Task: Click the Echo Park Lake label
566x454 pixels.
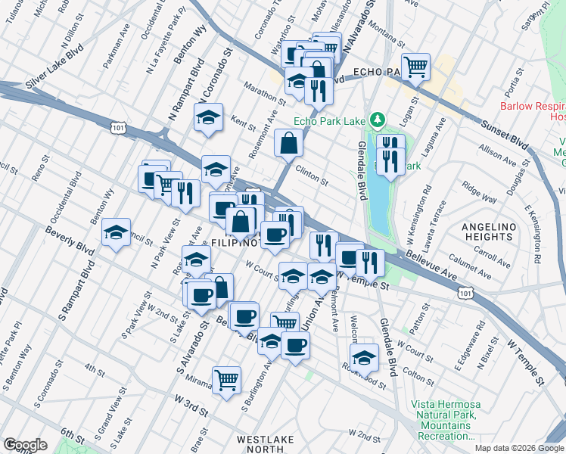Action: pyautogui.click(x=329, y=120)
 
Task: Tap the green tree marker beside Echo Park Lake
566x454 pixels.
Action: pyautogui.click(x=377, y=120)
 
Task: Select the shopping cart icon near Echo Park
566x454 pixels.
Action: pyautogui.click(x=415, y=67)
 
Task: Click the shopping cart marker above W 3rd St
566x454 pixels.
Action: pyautogui.click(x=226, y=380)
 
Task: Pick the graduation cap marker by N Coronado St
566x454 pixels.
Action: pyautogui.click(x=208, y=117)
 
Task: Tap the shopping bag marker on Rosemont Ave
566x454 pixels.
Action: pyautogui.click(x=289, y=142)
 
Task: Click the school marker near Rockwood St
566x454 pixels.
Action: pyautogui.click(x=364, y=358)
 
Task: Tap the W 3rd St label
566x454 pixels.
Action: pyautogui.click(x=191, y=403)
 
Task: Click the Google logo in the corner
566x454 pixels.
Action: pyautogui.click(x=25, y=445)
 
